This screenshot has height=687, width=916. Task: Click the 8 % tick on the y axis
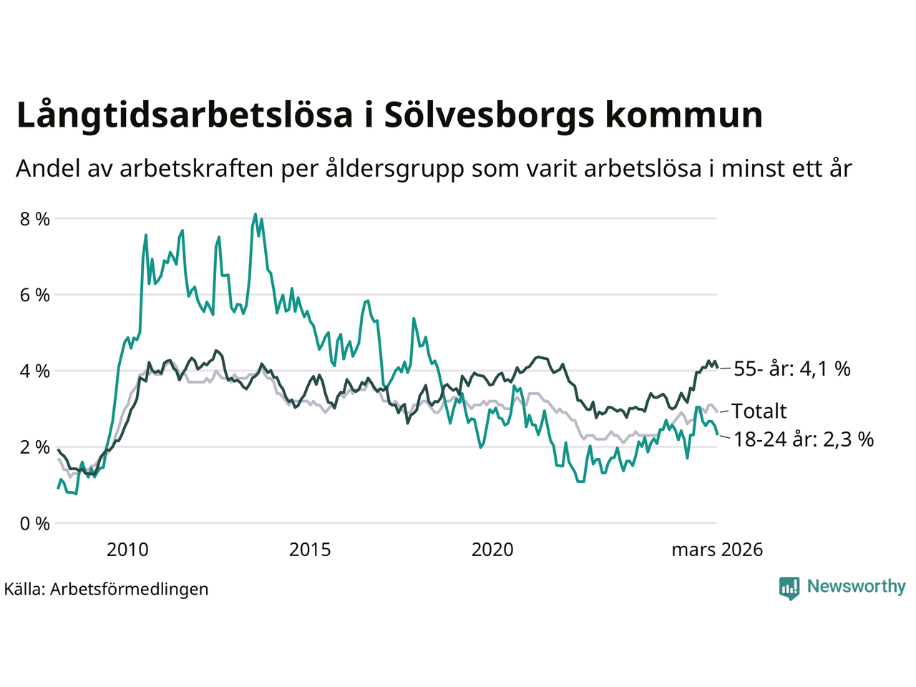34,218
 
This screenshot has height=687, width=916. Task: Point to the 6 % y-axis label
34,295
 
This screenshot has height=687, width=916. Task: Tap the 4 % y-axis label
34,371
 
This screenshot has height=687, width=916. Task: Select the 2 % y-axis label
34,447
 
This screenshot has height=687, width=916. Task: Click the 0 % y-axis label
34,524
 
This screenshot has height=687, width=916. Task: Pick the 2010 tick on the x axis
127,550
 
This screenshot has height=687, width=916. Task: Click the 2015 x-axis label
310,550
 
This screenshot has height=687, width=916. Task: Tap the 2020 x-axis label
492,550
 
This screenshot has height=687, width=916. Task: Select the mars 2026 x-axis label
717,550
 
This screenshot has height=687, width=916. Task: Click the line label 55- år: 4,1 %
792,369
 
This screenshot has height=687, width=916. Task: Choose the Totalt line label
759,411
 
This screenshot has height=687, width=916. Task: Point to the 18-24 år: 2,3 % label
804,439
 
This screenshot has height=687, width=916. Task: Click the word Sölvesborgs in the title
489,115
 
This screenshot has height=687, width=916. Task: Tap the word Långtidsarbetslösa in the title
185,115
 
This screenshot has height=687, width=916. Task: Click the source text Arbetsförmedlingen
130,589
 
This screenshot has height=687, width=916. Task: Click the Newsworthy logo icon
789,588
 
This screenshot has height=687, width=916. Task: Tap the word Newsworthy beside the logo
856,587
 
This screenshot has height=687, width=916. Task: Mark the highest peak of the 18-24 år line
255,214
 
